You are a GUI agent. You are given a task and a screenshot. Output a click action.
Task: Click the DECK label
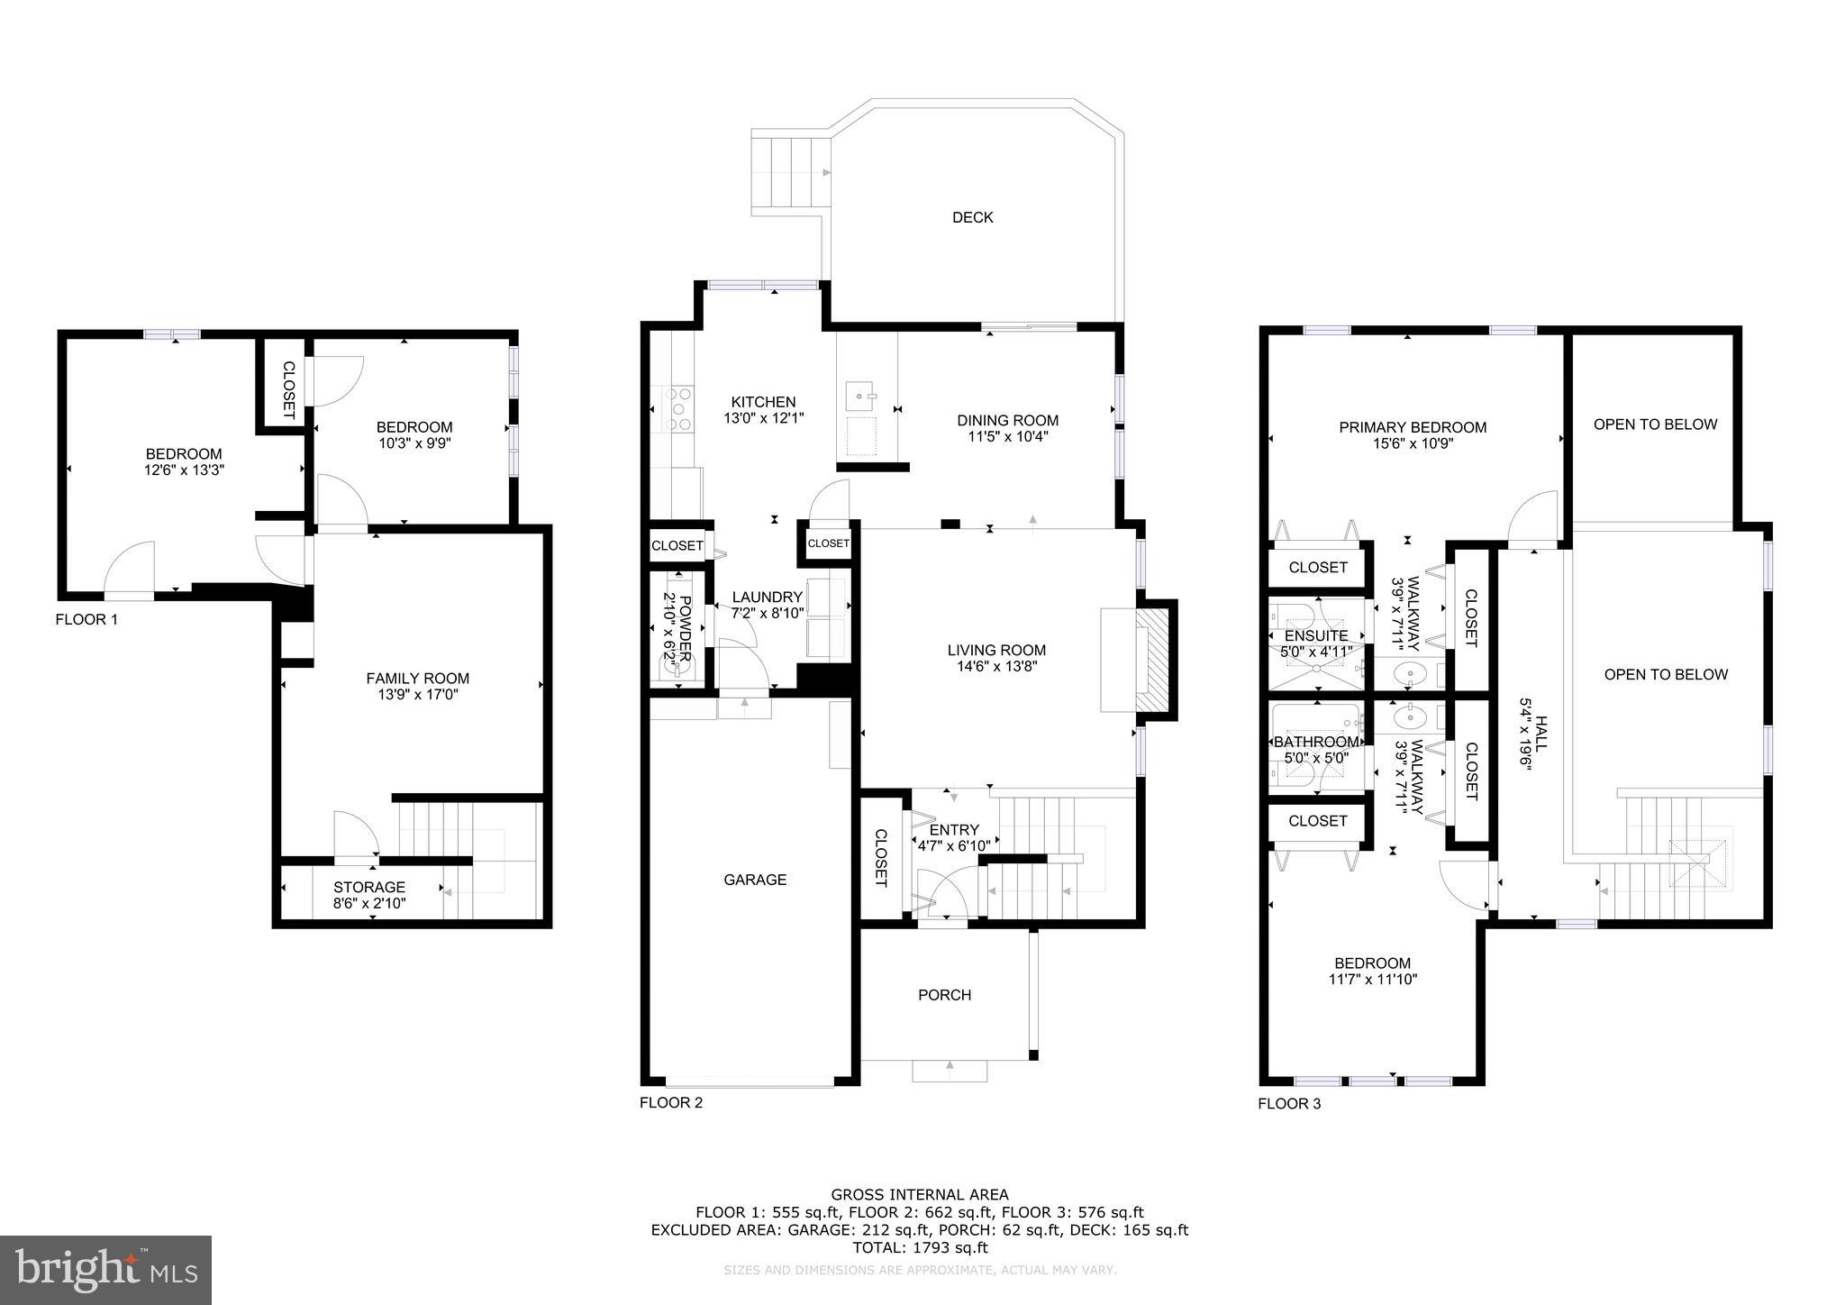(x=972, y=217)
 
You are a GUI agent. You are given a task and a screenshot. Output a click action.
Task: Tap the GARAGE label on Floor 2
(x=755, y=880)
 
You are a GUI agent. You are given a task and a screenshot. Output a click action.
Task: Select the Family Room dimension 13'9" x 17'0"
(x=417, y=695)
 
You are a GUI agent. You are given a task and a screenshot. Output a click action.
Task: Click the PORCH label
(x=944, y=995)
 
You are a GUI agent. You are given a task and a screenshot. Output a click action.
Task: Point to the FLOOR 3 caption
(x=1289, y=1103)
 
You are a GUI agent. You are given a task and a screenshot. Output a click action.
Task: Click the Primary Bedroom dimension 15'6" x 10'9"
(x=1412, y=443)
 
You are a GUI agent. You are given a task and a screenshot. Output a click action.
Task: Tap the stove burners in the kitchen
(x=678, y=408)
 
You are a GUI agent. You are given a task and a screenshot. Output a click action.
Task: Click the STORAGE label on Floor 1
(x=369, y=887)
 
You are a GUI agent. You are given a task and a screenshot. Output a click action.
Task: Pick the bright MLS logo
(x=105, y=1270)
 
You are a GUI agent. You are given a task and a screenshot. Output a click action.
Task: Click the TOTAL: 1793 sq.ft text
(x=920, y=1248)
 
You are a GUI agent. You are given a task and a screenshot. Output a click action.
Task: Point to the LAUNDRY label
(x=767, y=597)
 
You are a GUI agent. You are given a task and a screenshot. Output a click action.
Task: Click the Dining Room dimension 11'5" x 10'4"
(x=1007, y=437)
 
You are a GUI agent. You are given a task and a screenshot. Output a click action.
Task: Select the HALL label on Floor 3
(x=1541, y=735)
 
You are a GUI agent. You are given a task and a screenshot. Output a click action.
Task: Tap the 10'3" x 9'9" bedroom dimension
(x=414, y=443)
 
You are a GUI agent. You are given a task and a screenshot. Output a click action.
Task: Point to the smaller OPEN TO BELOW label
(x=1655, y=424)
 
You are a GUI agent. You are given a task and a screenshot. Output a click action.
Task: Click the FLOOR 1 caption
(x=86, y=619)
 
